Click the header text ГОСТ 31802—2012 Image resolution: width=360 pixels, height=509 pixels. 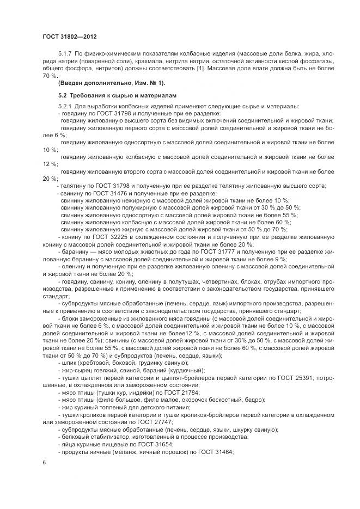[x=69, y=37]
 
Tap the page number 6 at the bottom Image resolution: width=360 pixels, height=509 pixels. [x=44, y=462]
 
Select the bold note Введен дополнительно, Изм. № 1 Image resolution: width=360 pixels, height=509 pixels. [x=111, y=83]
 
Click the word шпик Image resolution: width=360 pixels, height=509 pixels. [x=70, y=362]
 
